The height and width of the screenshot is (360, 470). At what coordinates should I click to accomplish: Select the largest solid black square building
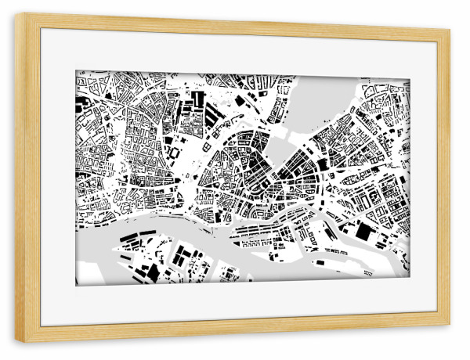(364, 232)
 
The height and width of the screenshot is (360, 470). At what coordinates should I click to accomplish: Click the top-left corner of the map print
(76, 71)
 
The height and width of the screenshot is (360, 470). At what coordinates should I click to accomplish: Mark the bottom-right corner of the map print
(409, 279)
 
